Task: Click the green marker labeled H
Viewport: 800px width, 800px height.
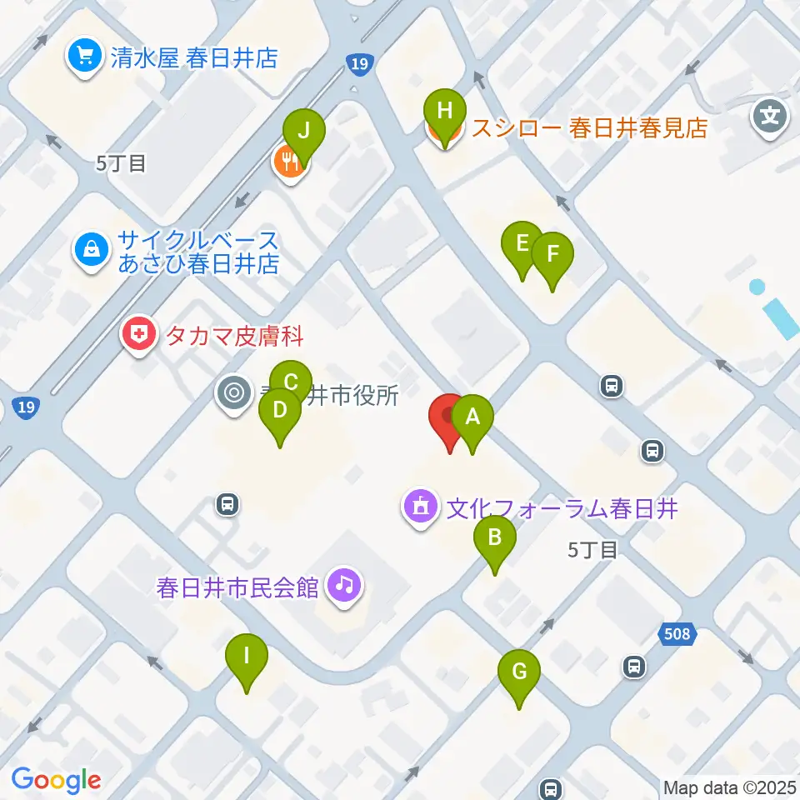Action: click(x=445, y=112)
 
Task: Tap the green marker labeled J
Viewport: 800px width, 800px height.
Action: click(x=303, y=132)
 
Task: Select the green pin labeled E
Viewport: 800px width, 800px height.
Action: click(x=522, y=244)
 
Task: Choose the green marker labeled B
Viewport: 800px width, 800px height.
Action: click(x=494, y=537)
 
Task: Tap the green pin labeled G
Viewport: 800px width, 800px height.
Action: click(x=519, y=672)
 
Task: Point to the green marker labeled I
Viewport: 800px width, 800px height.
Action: click(x=247, y=656)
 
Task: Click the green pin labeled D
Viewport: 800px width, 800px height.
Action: click(x=280, y=411)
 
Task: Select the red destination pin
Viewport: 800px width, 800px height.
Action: click(x=450, y=417)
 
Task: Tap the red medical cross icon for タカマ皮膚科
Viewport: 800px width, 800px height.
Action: click(x=139, y=336)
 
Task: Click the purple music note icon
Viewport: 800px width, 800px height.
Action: click(x=344, y=583)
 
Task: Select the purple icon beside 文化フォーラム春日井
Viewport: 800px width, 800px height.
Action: click(x=421, y=506)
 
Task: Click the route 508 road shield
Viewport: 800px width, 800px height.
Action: click(x=677, y=635)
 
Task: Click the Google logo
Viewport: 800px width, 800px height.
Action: click(x=56, y=779)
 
